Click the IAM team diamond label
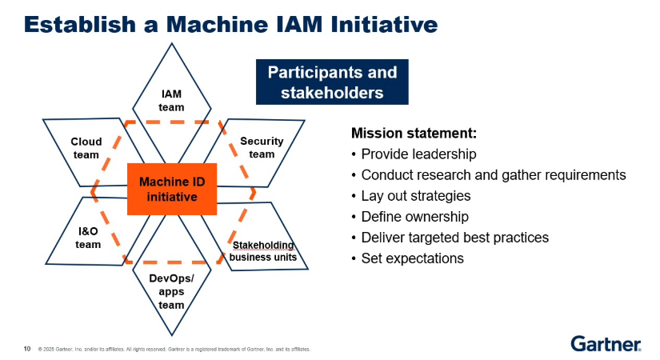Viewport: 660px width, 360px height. [171, 101]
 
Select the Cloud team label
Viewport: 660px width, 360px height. [86, 148]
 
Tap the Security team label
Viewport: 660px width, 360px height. [262, 147]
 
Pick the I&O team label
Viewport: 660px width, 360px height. [88, 238]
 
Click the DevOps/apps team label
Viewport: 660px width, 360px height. [171, 291]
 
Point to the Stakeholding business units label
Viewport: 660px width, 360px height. [262, 250]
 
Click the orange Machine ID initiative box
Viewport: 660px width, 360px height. [172, 189]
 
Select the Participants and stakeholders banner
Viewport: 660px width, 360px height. [332, 82]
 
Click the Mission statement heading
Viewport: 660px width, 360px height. [403, 133]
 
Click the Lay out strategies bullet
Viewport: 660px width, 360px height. [415, 195]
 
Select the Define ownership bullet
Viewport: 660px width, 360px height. [414, 216]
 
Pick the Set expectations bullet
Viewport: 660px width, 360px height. [412, 258]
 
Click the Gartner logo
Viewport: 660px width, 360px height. [606, 343]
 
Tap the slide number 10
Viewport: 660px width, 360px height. [27, 349]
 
